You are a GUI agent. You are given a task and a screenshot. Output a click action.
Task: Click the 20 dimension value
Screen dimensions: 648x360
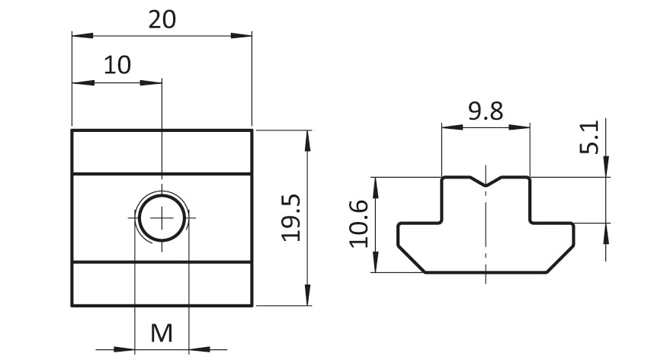[x=162, y=19]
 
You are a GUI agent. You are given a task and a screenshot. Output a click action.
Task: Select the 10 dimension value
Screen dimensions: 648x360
[x=117, y=65]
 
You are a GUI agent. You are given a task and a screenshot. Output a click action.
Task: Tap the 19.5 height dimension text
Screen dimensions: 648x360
[x=291, y=217]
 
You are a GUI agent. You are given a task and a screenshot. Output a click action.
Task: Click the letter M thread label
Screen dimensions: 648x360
[x=162, y=333]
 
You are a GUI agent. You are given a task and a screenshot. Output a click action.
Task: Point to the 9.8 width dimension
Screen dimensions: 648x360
[x=486, y=111]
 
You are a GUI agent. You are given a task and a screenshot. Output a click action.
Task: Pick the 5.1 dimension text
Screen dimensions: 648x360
[x=589, y=137]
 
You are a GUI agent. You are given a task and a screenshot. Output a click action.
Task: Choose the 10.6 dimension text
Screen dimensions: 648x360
[x=358, y=224]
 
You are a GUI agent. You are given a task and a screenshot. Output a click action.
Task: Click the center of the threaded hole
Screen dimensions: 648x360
[x=162, y=217]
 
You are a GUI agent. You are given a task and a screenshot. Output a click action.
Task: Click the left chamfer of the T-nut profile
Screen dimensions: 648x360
[x=411, y=259]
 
